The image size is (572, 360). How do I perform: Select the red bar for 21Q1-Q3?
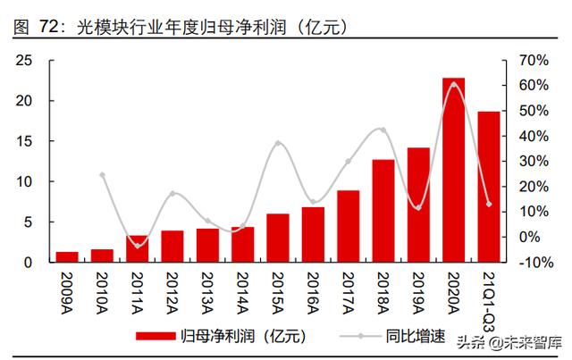click(488, 187)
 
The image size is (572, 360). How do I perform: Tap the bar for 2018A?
click(383, 211)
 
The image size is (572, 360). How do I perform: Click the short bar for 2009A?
click(68, 257)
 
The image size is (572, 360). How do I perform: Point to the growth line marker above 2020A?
click(453, 85)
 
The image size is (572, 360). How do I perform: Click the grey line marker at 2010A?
click(103, 175)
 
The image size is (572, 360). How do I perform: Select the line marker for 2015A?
click(278, 144)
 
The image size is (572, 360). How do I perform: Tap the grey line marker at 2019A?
click(418, 207)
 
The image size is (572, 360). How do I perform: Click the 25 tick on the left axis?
click(24, 60)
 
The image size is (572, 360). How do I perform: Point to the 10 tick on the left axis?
click(24, 181)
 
